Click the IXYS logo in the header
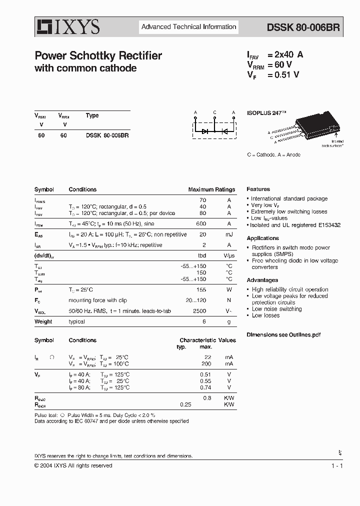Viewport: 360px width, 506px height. [67, 26]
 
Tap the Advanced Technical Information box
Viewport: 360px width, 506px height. [188, 27]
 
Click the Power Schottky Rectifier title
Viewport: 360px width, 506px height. [98, 56]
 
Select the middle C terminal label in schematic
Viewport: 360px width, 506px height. [214, 112]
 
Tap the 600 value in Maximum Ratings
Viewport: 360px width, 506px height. [201, 223]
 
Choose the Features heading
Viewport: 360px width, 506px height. [258, 189]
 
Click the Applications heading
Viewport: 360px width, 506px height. [262, 238]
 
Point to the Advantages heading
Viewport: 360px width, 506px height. [262, 280]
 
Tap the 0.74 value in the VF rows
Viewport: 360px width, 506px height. [205, 387]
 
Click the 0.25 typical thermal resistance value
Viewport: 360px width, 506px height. [185, 404]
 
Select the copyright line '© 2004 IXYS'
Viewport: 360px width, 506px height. [73, 465]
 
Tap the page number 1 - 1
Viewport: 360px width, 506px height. [336, 465]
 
